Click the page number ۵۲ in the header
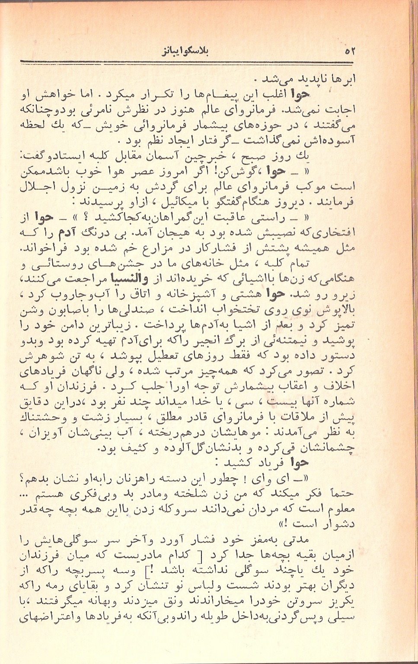click(x=350, y=51)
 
